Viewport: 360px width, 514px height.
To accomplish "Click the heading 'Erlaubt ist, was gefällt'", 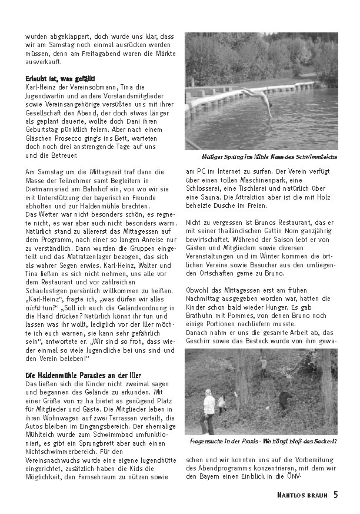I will (61, 78).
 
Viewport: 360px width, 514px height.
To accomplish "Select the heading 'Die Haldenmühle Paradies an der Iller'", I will (83, 374).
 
